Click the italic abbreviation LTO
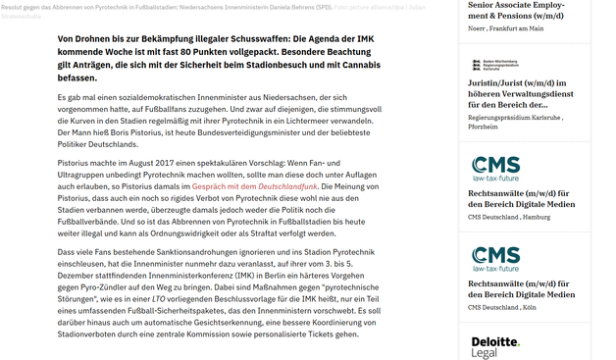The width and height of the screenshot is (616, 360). [x=159, y=298]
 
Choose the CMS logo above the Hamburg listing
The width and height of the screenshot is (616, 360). [x=495, y=168]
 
